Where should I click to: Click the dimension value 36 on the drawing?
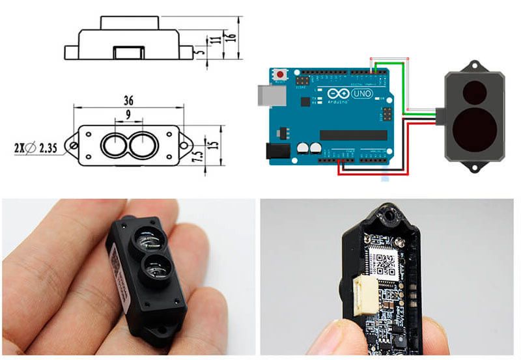point(128,100)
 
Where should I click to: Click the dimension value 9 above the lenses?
point(128,113)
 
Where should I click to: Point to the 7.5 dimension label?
point(197,158)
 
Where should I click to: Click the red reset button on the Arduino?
point(281,73)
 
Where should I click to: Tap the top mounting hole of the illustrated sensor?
point(473,65)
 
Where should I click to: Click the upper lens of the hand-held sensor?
point(149,240)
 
